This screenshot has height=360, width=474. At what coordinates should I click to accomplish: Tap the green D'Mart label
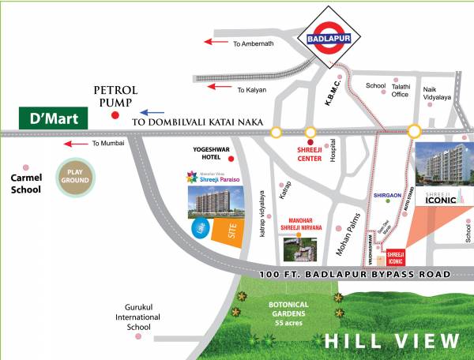tap(51, 120)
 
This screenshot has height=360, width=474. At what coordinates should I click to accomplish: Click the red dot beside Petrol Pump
tap(115, 115)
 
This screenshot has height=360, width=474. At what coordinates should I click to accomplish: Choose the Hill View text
tap(393, 341)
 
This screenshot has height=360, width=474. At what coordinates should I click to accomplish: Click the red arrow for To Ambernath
tap(216, 43)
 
